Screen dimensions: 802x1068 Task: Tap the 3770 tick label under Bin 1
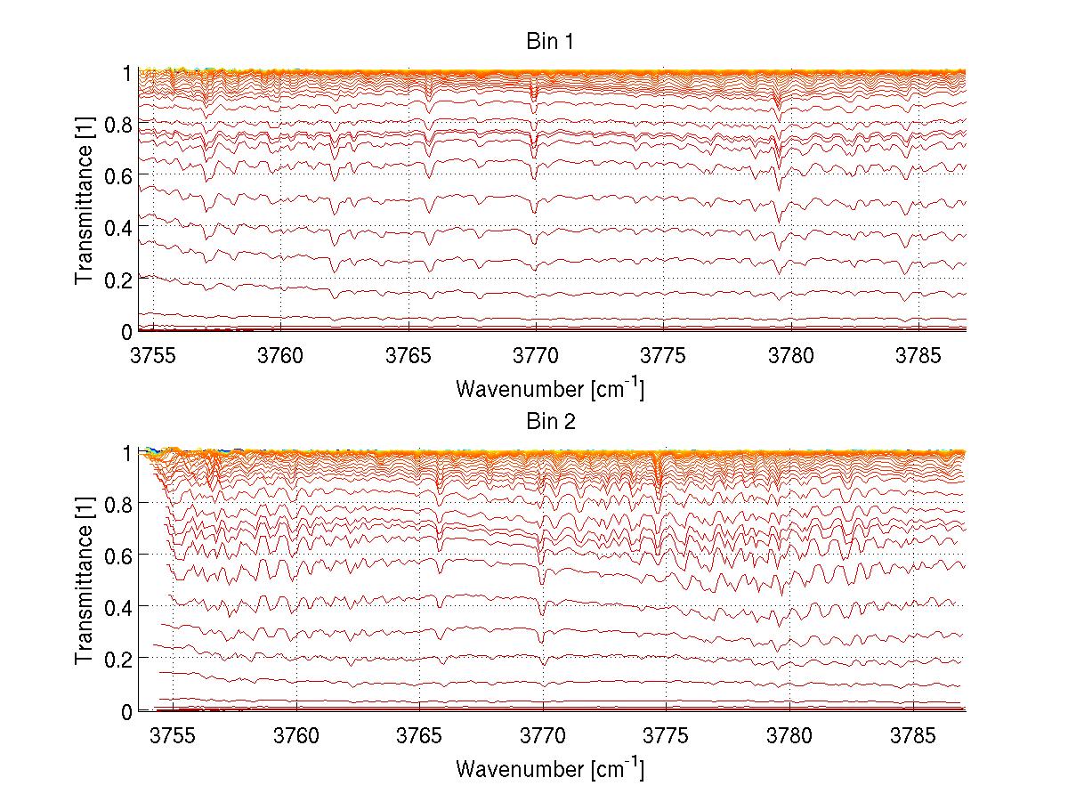pos(536,354)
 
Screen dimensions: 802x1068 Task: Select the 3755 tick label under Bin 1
pos(153,354)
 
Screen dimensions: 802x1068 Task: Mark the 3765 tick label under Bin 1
pos(409,354)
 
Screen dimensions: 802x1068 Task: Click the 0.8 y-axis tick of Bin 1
pos(118,124)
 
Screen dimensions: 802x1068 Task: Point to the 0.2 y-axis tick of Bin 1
pos(118,279)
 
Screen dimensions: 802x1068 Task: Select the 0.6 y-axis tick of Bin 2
pos(118,555)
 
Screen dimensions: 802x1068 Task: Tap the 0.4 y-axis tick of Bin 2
pos(118,607)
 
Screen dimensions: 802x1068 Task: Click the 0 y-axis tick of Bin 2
pos(127,711)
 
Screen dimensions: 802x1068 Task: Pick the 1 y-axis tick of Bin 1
pos(127,72)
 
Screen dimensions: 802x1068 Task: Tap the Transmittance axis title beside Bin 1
pos(85,201)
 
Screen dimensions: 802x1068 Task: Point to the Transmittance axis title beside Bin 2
pos(85,582)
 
